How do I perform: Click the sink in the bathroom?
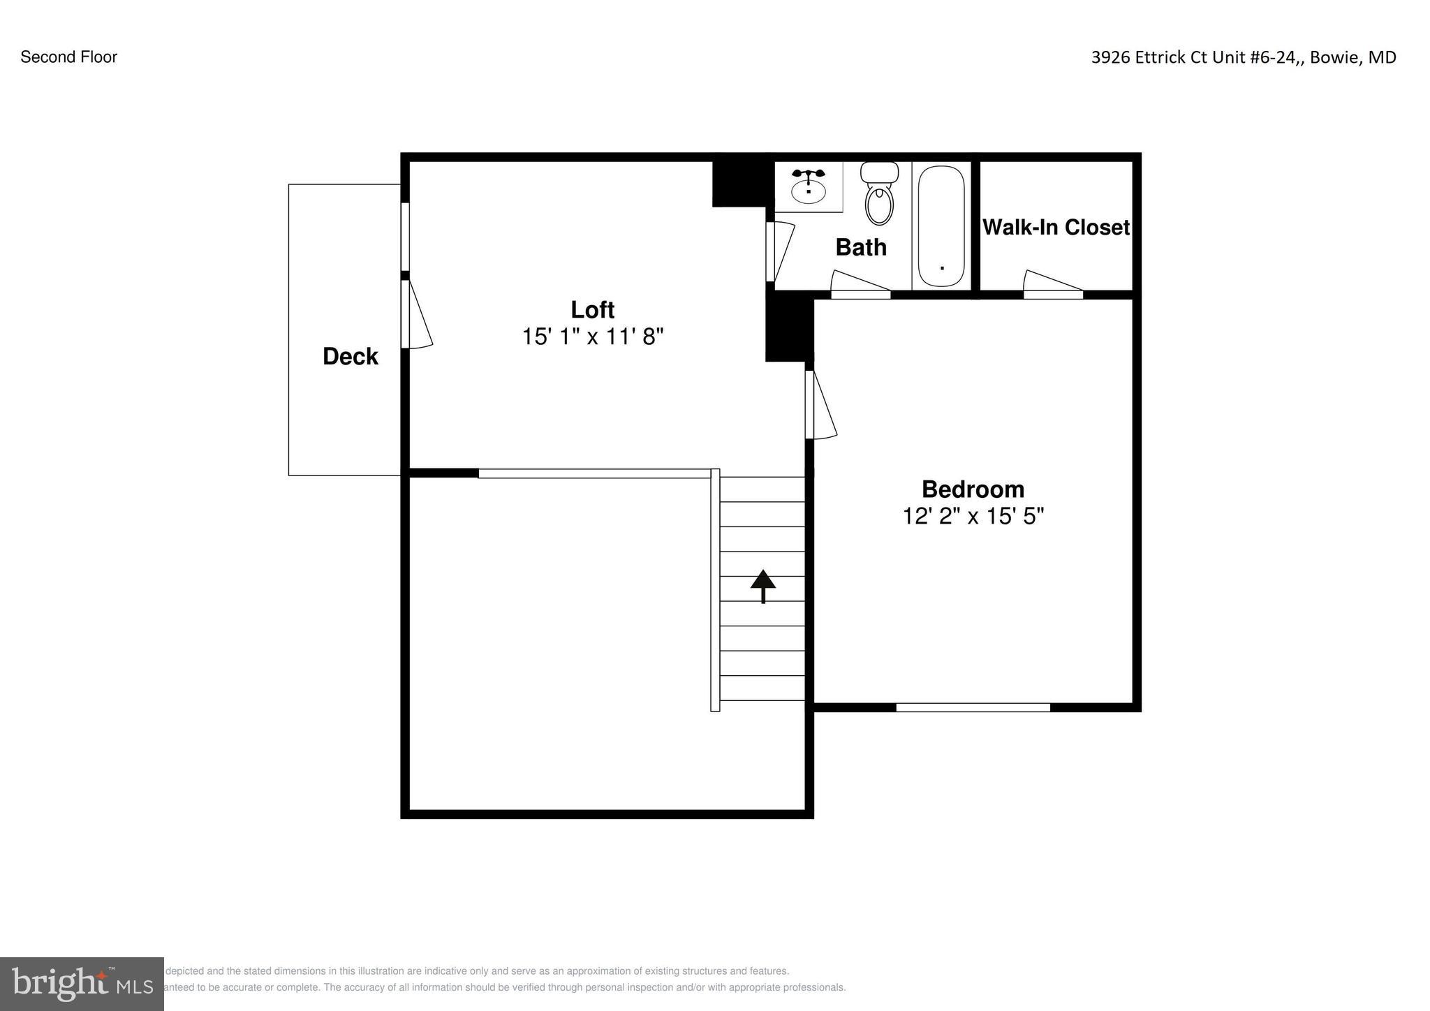[809, 186]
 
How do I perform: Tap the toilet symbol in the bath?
[879, 195]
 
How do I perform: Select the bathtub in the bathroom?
[941, 226]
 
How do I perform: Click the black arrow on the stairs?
[763, 586]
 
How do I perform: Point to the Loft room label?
[592, 309]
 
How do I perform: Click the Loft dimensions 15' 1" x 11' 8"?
[592, 337]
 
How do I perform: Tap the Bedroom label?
[973, 489]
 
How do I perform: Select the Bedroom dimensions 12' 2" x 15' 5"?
[973, 517]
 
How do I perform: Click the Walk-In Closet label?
[1056, 228]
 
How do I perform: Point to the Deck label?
[350, 357]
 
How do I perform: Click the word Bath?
[861, 247]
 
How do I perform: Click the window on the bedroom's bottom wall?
[973, 707]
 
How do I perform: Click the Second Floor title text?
[68, 57]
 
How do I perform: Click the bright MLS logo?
[82, 984]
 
